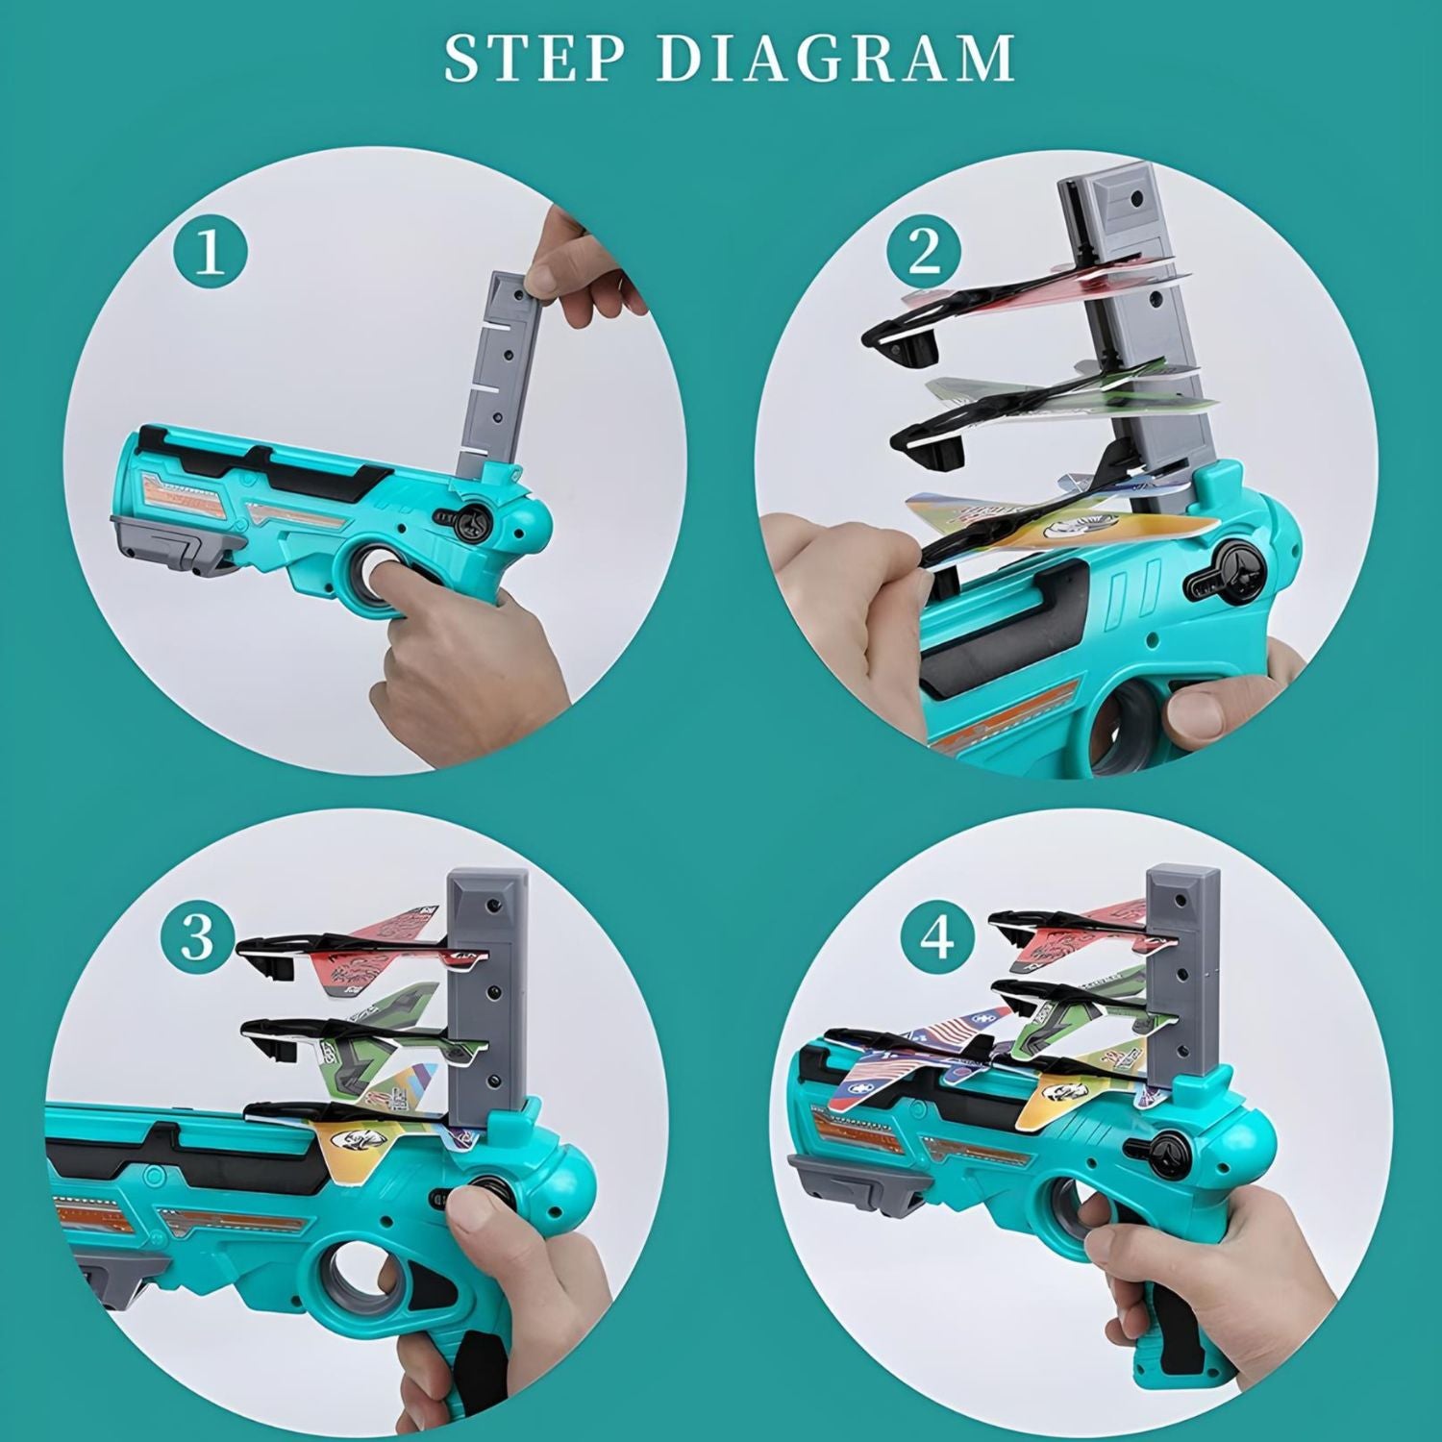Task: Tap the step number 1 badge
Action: (211, 254)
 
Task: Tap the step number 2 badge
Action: (924, 253)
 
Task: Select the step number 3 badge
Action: (197, 935)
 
